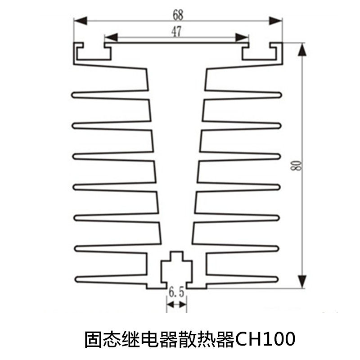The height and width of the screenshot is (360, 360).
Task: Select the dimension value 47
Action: coord(177,31)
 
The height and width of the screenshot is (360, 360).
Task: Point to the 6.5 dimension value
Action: coord(176,293)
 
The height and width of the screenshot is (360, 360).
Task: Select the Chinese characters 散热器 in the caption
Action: coord(205,339)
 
